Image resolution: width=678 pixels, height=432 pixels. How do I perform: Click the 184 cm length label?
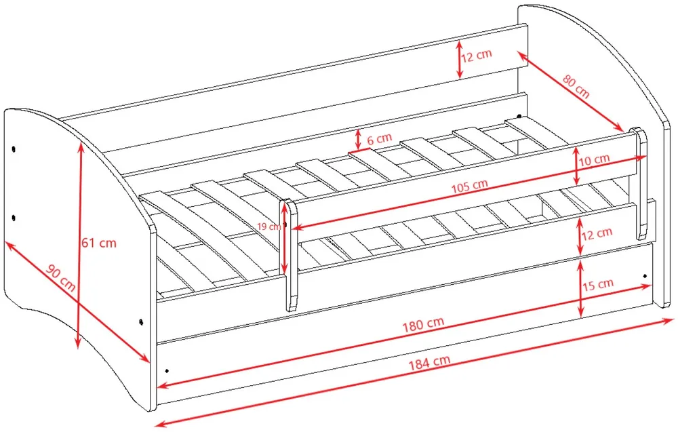[429, 362]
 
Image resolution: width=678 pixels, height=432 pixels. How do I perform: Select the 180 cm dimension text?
[423, 324]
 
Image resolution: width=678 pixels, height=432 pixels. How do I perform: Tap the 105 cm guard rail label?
[470, 186]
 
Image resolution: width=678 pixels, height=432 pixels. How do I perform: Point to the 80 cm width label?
[576, 87]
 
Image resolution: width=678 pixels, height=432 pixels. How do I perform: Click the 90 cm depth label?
[61, 277]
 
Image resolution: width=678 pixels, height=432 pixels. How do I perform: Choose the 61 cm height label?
[99, 243]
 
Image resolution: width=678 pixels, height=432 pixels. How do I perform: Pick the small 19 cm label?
[269, 226]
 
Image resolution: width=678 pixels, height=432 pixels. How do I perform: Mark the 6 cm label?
[379, 139]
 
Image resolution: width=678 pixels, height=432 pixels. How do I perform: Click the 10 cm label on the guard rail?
[595, 160]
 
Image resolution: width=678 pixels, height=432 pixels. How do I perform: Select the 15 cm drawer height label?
[598, 285]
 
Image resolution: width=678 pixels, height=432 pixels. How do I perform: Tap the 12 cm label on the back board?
[476, 56]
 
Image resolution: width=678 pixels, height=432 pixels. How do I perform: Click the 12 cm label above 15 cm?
[597, 234]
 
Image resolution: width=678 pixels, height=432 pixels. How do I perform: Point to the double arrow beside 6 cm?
[358, 139]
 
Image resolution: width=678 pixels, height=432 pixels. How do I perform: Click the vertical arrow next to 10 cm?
[576, 166]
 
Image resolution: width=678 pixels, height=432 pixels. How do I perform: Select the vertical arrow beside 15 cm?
[581, 288]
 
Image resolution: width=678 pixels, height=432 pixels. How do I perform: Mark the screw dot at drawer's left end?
[167, 370]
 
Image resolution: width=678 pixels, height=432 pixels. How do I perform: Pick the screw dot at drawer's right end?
[645, 276]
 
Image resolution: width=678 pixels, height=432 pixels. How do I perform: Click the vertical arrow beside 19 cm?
[285, 239]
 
